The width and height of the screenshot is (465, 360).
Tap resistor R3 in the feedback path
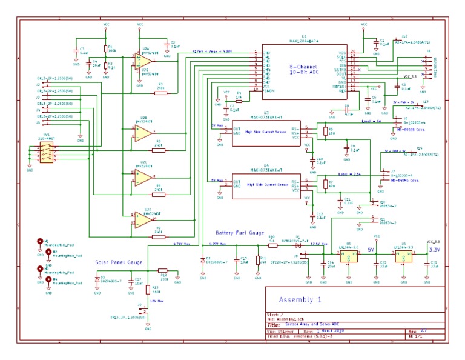click(160, 93)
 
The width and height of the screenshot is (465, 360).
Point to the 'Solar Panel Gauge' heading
click(119, 262)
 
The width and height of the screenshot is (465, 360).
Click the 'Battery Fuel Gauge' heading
click(240, 233)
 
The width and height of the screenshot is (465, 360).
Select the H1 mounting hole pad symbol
click(41, 241)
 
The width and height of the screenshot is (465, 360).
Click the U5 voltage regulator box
click(348, 256)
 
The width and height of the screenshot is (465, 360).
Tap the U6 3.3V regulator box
click(403, 256)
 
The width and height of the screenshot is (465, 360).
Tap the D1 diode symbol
click(297, 244)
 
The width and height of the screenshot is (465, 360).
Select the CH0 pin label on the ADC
click(266, 53)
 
